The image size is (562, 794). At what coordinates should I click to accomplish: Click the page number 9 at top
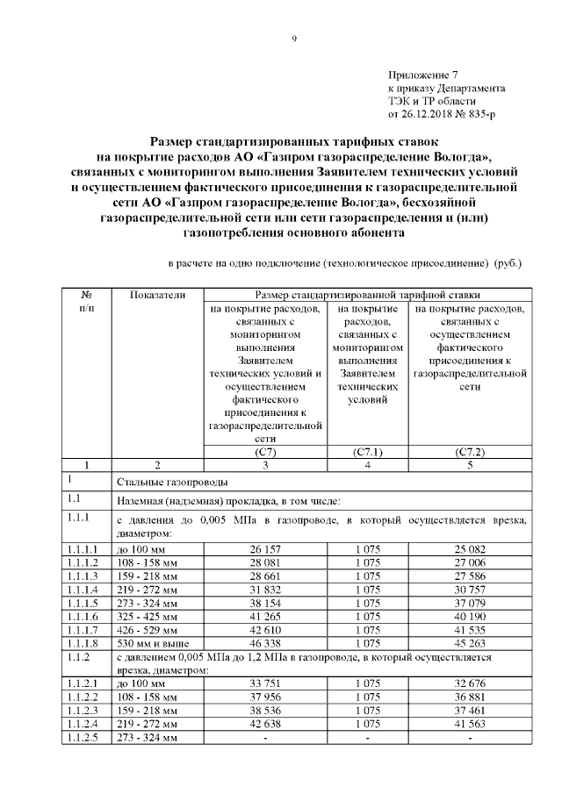click(296, 38)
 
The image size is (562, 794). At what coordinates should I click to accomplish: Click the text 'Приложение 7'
click(422, 76)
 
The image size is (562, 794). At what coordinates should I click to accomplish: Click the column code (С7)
click(265, 452)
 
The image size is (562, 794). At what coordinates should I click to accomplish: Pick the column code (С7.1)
click(367, 452)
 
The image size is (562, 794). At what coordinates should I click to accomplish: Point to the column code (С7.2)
click(470, 452)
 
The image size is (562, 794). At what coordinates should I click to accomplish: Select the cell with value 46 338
click(265, 642)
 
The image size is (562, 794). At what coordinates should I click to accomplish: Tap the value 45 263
click(470, 642)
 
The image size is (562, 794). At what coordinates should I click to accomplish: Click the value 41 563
click(470, 725)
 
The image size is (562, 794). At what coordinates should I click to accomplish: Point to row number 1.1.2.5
click(85, 738)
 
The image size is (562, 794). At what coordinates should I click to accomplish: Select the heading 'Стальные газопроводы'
click(173, 483)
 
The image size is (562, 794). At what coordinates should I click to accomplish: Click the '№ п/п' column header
click(87, 303)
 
